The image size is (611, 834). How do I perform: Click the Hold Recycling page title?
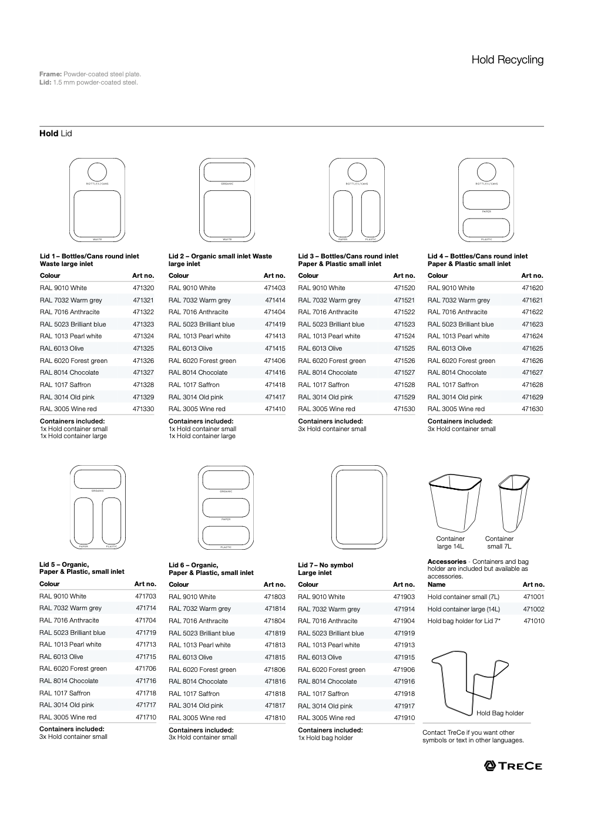coord(507,60)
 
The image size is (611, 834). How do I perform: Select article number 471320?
coord(143,288)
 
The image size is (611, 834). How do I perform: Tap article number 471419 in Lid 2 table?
coord(274,324)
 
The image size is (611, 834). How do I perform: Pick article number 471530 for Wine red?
coord(404,409)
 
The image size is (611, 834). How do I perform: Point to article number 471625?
coord(532,348)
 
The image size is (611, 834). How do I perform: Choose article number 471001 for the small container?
coord(533,597)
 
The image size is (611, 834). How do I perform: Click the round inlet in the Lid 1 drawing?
coord(98,172)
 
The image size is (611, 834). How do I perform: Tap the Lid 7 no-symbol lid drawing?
coord(359,507)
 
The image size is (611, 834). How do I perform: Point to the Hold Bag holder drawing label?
coord(499,713)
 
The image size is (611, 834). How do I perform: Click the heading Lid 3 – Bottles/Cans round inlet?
coord(348,256)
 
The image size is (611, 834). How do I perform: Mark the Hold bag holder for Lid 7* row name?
coord(464,621)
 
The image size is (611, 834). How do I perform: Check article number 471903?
coord(404,597)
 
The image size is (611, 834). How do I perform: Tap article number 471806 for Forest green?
coord(274,670)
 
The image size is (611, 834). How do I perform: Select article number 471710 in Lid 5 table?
coord(145,717)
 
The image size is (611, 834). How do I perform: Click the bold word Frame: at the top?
coord(51,74)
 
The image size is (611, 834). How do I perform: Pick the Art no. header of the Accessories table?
coord(533,584)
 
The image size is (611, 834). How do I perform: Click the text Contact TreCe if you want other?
coord(468,732)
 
